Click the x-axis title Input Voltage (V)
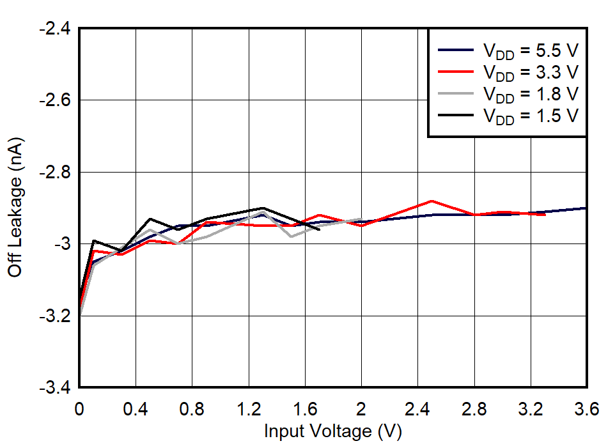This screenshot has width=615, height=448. (x=332, y=431)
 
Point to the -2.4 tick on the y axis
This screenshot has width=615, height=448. (x=53, y=29)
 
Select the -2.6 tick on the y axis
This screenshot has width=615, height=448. (x=53, y=100)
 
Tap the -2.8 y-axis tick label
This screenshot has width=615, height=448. (x=53, y=173)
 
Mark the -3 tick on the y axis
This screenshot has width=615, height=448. (x=59, y=244)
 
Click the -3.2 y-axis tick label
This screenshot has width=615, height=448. (x=53, y=316)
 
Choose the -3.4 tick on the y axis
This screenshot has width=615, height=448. (x=53, y=388)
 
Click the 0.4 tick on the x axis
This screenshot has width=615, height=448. (x=136, y=410)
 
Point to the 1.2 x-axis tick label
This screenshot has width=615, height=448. (x=248, y=410)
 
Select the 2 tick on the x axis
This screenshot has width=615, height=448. (x=361, y=410)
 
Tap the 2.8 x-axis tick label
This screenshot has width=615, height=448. (x=474, y=410)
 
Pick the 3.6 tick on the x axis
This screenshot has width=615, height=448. (x=586, y=410)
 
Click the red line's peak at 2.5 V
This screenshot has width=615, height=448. (x=432, y=201)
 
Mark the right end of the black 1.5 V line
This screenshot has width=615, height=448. (x=319, y=229)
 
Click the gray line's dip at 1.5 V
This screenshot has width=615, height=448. (x=291, y=236)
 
